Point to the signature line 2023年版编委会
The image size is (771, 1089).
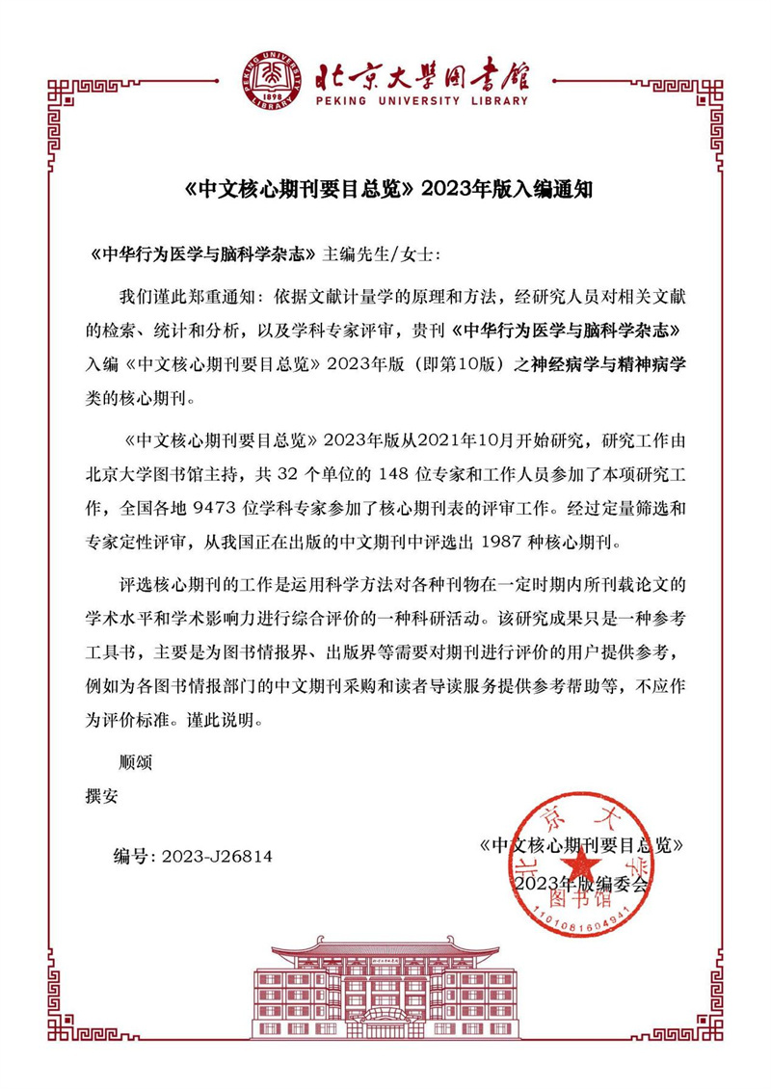[x=582, y=884]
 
